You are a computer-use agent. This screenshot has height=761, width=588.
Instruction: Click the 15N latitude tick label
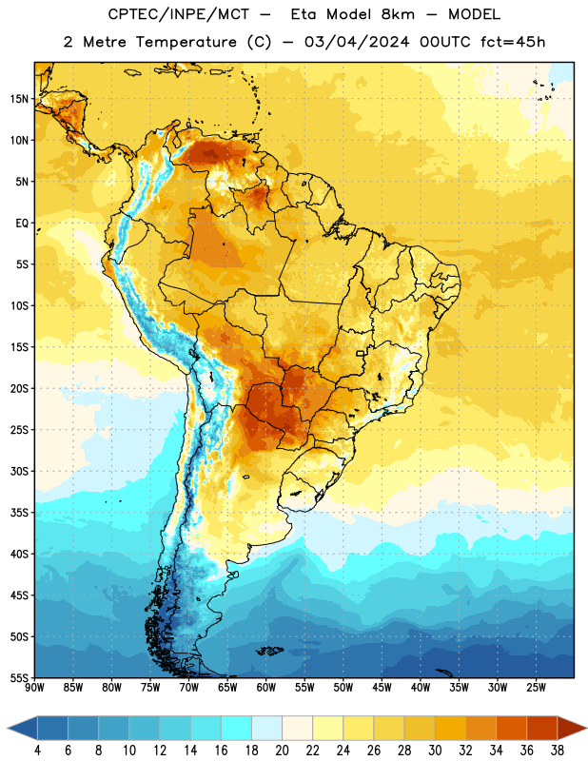[19, 99]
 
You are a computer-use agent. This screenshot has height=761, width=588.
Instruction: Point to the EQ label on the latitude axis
[22, 224]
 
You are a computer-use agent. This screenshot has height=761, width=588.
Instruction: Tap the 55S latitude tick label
[19, 677]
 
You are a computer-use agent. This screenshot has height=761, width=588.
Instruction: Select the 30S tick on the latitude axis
[19, 471]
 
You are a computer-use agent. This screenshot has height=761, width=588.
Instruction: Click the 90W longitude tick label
[35, 687]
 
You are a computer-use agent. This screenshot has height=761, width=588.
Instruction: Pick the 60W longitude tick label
[266, 687]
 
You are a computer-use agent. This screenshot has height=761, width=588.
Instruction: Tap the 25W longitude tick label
[536, 687]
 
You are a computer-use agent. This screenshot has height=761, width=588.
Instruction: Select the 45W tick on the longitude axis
[382, 687]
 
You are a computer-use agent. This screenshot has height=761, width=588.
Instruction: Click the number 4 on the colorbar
[37, 751]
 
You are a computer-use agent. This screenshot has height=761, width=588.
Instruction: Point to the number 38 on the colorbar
[558, 751]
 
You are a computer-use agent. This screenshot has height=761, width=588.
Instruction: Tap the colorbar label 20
[282, 751]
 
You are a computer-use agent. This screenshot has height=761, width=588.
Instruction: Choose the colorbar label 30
[435, 751]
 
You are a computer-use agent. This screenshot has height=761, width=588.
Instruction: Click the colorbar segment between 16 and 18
[237, 728]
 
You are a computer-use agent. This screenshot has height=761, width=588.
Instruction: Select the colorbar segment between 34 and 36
[511, 728]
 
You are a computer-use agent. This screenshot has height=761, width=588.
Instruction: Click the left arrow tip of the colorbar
[8, 728]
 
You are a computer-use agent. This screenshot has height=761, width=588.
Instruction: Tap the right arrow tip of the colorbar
[586, 728]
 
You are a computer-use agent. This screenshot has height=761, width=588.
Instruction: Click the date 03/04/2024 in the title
[357, 42]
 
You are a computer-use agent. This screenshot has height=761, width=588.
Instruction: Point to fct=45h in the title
[513, 42]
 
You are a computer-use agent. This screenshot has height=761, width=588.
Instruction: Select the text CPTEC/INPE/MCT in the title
[178, 14]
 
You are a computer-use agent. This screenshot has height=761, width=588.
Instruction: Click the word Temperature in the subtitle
[186, 42]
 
